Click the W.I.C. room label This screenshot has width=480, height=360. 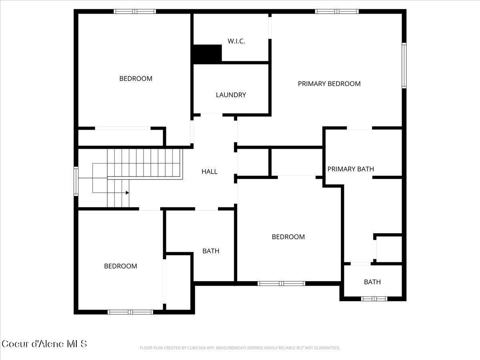[x=236, y=41]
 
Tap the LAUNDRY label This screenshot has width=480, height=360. [x=231, y=95]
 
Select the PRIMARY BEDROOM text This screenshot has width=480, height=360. [x=329, y=84]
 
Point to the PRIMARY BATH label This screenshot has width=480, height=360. [x=350, y=169]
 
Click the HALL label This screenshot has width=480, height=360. [x=209, y=172]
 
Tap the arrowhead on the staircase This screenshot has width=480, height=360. [x=127, y=193]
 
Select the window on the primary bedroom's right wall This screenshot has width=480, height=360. [x=404, y=66]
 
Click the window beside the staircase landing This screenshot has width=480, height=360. [x=76, y=181]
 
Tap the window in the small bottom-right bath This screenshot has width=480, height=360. [x=374, y=298]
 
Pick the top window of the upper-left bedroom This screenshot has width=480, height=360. [x=135, y=11]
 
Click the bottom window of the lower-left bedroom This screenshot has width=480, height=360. [x=130, y=312]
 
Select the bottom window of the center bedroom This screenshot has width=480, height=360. [x=281, y=284]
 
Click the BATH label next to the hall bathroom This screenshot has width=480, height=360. [x=211, y=251]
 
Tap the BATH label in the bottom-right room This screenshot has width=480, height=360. [x=372, y=282]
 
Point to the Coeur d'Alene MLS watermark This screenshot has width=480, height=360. [x=44, y=344]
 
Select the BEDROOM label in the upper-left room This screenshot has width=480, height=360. [x=136, y=78]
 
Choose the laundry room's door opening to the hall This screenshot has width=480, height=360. [x=211, y=115]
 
